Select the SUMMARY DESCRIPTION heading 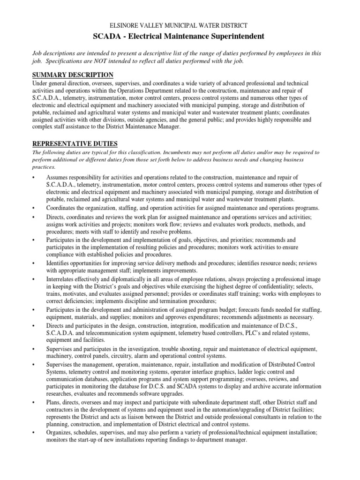[73, 75]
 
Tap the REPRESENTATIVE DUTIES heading [75, 143]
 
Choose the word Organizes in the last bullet [60, 434]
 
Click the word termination [165, 301]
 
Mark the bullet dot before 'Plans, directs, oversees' [34, 402]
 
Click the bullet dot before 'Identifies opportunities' [34, 263]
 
